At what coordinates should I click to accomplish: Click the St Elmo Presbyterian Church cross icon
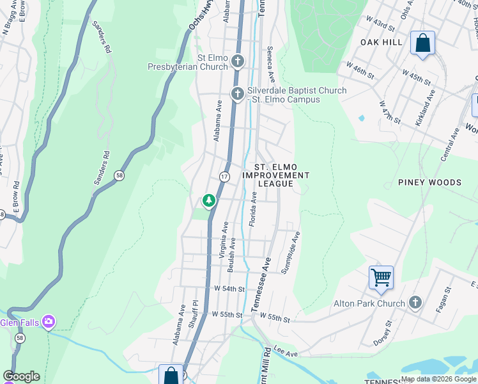[238, 62]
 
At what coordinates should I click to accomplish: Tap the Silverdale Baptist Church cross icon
[238, 95]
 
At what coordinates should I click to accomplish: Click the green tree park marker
[208, 201]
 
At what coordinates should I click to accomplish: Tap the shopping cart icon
[381, 278]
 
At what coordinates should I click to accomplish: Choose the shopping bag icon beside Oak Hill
[422, 44]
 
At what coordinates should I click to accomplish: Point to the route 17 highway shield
[224, 176]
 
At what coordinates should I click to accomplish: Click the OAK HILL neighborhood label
[382, 42]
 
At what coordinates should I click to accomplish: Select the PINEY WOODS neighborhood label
[429, 182]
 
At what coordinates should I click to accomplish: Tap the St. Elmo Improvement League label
[276, 175]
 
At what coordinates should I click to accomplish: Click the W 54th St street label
[230, 289]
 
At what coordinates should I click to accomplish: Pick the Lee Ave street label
[286, 353]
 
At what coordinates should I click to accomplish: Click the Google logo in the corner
[22, 376]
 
